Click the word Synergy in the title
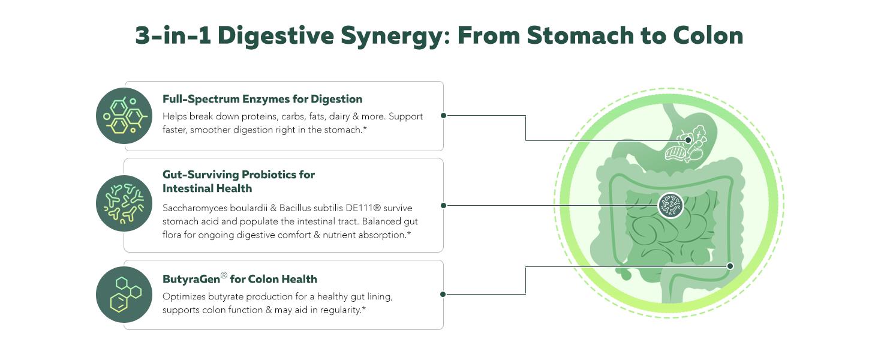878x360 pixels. (x=392, y=35)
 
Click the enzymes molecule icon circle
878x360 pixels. (x=124, y=115)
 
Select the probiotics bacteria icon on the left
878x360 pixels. (x=124, y=204)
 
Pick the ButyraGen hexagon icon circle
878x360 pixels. (x=124, y=295)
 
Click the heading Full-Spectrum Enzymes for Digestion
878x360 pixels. (x=262, y=99)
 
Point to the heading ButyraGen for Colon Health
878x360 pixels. (x=240, y=279)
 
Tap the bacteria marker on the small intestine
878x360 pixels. (x=670, y=206)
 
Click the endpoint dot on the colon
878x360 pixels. (x=730, y=265)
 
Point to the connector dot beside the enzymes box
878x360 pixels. (x=443, y=115)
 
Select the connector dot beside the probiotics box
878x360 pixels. (x=443, y=205)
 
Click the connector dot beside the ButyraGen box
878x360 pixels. (x=443, y=294)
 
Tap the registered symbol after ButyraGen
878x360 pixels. (x=224, y=275)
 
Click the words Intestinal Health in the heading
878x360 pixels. (x=207, y=188)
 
